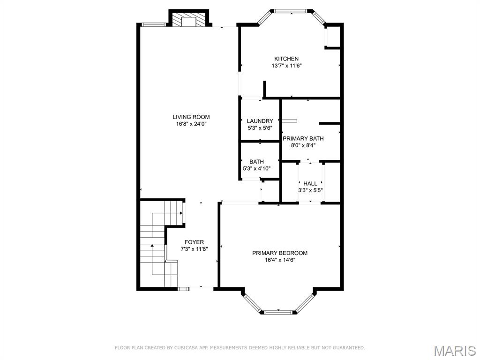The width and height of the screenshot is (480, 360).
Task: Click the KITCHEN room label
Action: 286,59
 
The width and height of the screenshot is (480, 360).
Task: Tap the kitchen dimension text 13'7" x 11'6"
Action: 286,66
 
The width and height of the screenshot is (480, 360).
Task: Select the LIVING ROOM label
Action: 191,117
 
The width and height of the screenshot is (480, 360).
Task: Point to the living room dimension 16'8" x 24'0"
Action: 191,124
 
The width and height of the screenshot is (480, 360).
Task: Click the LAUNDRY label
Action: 260,121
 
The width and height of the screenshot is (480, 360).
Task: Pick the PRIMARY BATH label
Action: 303,138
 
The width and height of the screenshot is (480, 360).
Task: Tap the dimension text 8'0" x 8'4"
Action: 303,145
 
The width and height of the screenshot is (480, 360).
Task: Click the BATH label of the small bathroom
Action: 256,162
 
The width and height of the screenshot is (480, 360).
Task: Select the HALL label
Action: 310,183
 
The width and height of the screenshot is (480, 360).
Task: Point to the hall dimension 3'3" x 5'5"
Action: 310,190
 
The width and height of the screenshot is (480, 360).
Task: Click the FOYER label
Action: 194,242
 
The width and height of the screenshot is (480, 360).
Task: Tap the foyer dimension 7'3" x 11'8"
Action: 194,249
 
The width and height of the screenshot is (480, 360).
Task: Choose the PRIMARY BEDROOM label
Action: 280,253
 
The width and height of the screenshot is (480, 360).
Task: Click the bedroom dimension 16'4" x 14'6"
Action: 280,260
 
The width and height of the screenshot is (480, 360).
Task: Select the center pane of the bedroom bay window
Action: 279,311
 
